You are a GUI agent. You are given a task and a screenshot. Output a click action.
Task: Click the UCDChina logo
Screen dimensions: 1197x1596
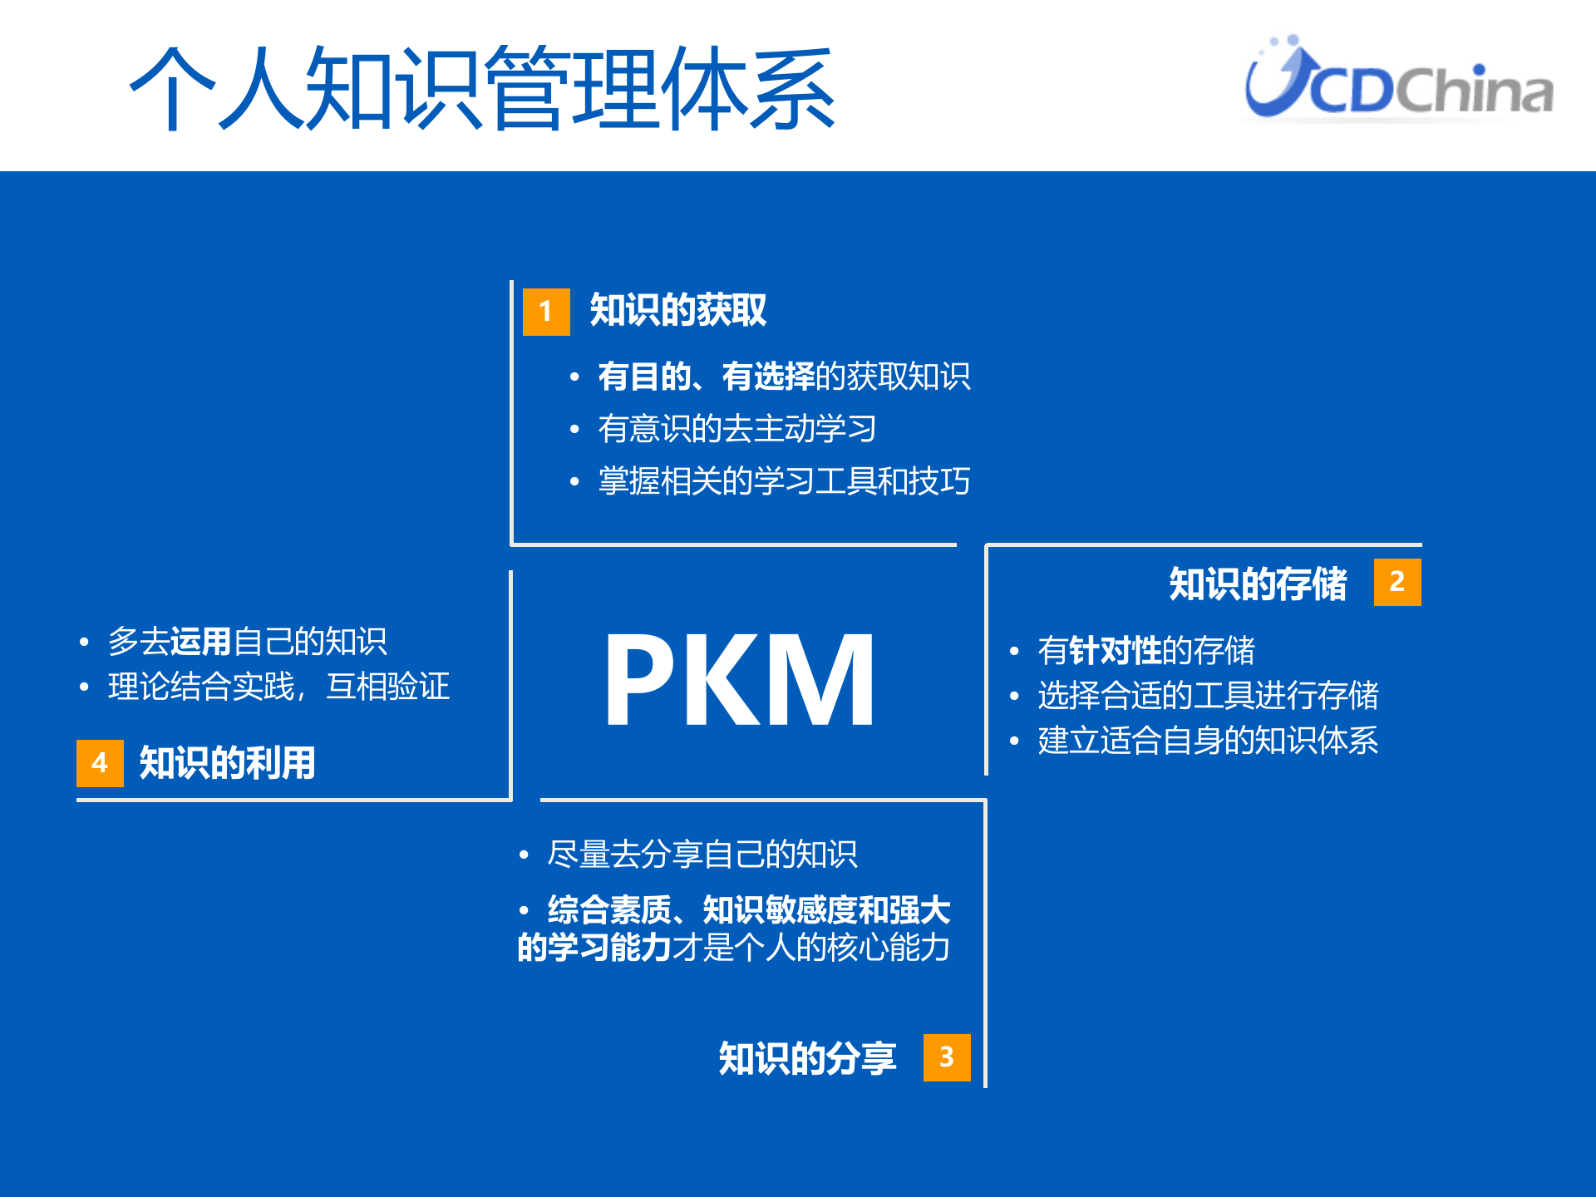pyautogui.click(x=1398, y=80)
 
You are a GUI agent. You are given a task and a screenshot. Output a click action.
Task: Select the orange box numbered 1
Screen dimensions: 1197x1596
pyautogui.click(x=546, y=312)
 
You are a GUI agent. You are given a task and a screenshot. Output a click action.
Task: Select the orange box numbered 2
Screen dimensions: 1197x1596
pyautogui.click(x=1396, y=582)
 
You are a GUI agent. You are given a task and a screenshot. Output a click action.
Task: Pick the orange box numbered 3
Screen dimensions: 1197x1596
pyautogui.click(x=946, y=1057)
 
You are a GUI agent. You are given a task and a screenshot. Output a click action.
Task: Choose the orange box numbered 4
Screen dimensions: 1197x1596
pyautogui.click(x=100, y=762)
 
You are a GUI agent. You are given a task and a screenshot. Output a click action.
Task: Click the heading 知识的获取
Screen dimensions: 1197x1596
pyautogui.click(x=677, y=310)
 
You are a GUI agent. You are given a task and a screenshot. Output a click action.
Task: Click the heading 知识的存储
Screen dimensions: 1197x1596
pyautogui.click(x=1257, y=584)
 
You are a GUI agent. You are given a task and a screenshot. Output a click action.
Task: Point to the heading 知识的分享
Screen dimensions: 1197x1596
pyautogui.click(x=807, y=1058)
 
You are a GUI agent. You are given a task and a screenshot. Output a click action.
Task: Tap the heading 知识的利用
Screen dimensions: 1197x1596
pyautogui.click(x=227, y=763)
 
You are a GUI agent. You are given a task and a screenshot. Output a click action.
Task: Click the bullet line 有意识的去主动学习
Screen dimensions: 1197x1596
pyautogui.click(x=736, y=429)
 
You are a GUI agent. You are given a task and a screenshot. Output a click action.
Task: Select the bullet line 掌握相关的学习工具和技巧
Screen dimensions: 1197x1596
pyautogui.click(x=784, y=481)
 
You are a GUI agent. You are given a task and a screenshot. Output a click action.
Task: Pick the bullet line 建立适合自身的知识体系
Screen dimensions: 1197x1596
pyautogui.click(x=1207, y=741)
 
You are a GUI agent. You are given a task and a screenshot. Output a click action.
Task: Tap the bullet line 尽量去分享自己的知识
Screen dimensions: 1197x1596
pyautogui.click(x=702, y=855)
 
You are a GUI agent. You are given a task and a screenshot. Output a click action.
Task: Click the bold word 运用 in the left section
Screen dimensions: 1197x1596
pyautogui.click(x=200, y=642)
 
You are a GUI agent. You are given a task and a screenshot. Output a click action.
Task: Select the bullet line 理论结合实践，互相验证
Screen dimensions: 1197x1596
pyautogui.click(x=278, y=687)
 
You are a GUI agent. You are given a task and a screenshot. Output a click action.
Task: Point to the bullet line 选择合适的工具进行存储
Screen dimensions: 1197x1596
pyautogui.click(x=1207, y=696)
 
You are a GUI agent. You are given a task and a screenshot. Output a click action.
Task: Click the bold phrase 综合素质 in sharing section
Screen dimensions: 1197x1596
pyautogui.click(x=608, y=910)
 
